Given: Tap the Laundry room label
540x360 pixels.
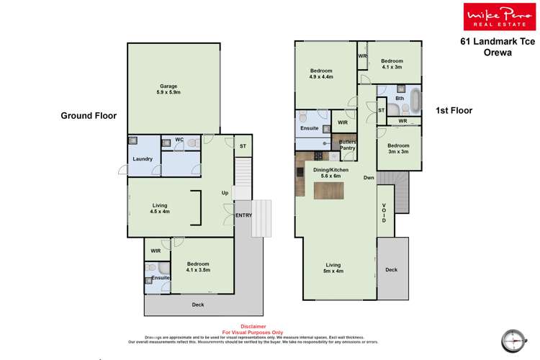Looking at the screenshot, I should [x=142, y=158].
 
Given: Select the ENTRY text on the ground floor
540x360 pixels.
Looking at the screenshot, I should [x=243, y=215].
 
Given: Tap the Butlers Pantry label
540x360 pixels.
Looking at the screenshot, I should [x=348, y=145].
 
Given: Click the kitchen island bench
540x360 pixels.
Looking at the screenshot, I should [x=328, y=190].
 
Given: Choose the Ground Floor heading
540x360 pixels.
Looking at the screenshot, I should [x=88, y=115].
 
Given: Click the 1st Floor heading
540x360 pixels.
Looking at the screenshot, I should [x=453, y=110].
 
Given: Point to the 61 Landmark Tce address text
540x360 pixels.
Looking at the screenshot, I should [x=498, y=42].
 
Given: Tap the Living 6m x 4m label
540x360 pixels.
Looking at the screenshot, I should [x=333, y=268].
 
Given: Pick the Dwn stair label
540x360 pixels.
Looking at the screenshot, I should [x=368, y=178].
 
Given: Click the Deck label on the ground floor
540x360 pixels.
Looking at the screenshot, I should [x=198, y=305].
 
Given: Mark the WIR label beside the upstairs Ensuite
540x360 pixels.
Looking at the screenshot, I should [x=343, y=123].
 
